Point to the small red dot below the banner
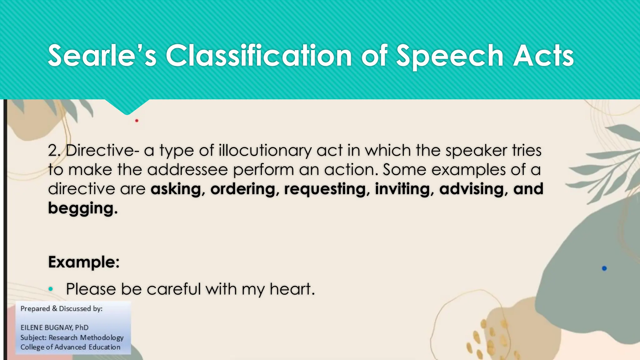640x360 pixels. point(137,121)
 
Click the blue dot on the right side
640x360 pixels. point(604,268)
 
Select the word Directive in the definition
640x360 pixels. point(100,150)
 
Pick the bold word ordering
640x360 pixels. point(243,189)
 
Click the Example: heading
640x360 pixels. point(84,262)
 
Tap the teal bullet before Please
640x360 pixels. point(51,289)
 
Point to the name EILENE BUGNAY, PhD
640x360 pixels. point(54,327)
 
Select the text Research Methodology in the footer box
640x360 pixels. point(86,337)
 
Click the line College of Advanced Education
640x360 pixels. point(70,347)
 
